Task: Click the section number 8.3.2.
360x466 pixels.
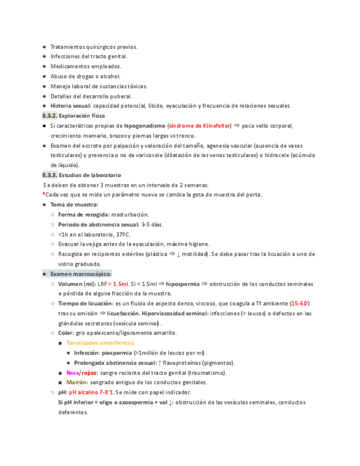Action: click(49, 116)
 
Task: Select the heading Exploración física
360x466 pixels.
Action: click(82, 116)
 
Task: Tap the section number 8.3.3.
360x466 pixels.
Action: click(49, 175)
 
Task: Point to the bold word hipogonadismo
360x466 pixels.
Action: click(144, 126)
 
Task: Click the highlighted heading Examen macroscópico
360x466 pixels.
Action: click(81, 274)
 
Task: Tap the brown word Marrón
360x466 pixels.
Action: click(76, 382)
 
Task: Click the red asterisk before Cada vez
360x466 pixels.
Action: click(43, 194)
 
